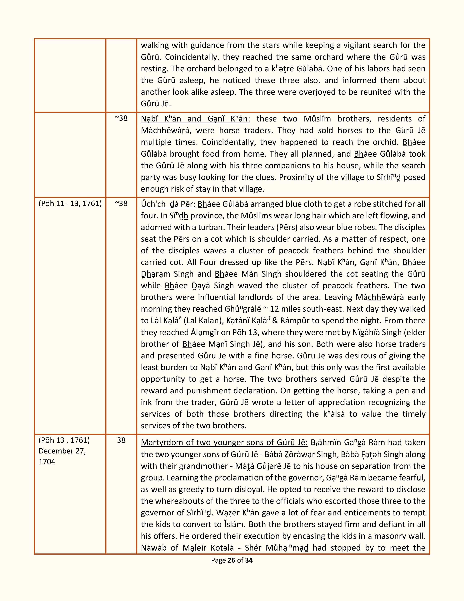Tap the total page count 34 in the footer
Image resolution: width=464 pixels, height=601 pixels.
249,560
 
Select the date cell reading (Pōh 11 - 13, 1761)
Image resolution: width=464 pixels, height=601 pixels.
70,203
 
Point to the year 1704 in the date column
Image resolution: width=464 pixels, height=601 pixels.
47,461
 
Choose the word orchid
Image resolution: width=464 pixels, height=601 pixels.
384,142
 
